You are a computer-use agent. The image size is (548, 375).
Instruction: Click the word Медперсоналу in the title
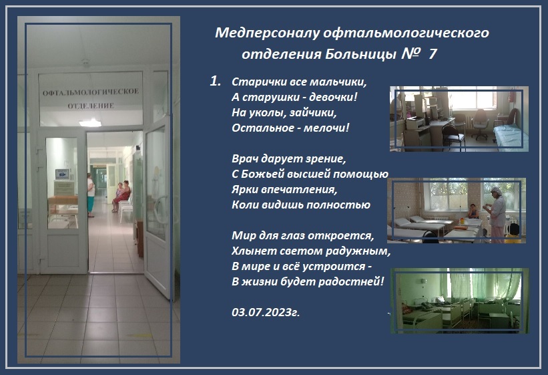click(x=267, y=33)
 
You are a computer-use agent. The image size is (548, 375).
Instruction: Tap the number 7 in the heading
click(x=433, y=54)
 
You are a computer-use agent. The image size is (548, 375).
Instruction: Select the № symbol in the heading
click(x=410, y=53)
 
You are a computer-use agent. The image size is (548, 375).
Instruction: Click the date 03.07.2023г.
click(x=266, y=312)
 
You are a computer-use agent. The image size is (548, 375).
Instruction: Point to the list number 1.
click(x=215, y=82)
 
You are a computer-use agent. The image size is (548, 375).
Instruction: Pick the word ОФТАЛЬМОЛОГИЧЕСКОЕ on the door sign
click(x=91, y=92)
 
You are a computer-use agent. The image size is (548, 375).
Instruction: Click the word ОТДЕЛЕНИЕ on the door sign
click(x=91, y=106)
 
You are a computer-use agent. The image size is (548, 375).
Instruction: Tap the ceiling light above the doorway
click(x=90, y=123)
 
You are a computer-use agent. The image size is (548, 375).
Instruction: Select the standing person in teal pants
click(x=91, y=195)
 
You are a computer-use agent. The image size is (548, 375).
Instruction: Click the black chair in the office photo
click(x=453, y=136)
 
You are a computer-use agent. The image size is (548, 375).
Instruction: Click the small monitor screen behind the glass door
click(x=62, y=174)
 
